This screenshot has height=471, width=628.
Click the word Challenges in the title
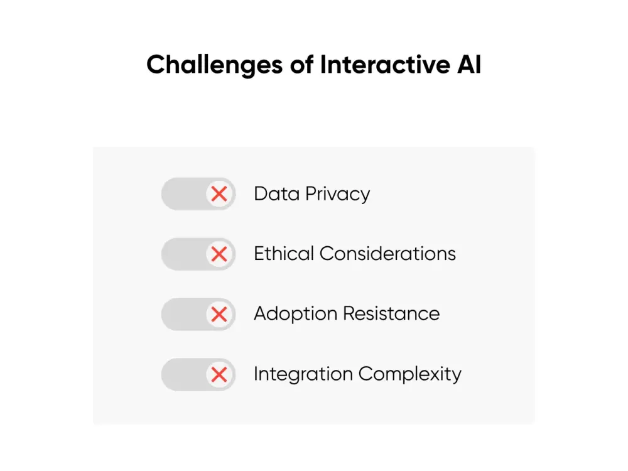[215, 65]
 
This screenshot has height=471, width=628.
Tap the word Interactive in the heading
[385, 64]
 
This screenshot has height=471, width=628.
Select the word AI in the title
[469, 64]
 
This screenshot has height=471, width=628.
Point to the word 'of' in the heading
[301, 64]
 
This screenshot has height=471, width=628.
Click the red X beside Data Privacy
[219, 194]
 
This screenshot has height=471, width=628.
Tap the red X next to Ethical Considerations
[219, 254]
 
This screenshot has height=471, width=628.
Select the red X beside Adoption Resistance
[219, 314]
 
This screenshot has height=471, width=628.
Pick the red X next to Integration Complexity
[219, 374]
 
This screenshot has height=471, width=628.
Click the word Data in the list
[277, 194]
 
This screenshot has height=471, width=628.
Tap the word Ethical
[284, 254]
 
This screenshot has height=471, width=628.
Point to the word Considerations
[387, 254]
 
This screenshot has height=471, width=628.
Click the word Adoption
[296, 314]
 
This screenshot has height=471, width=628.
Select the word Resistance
[391, 313]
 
